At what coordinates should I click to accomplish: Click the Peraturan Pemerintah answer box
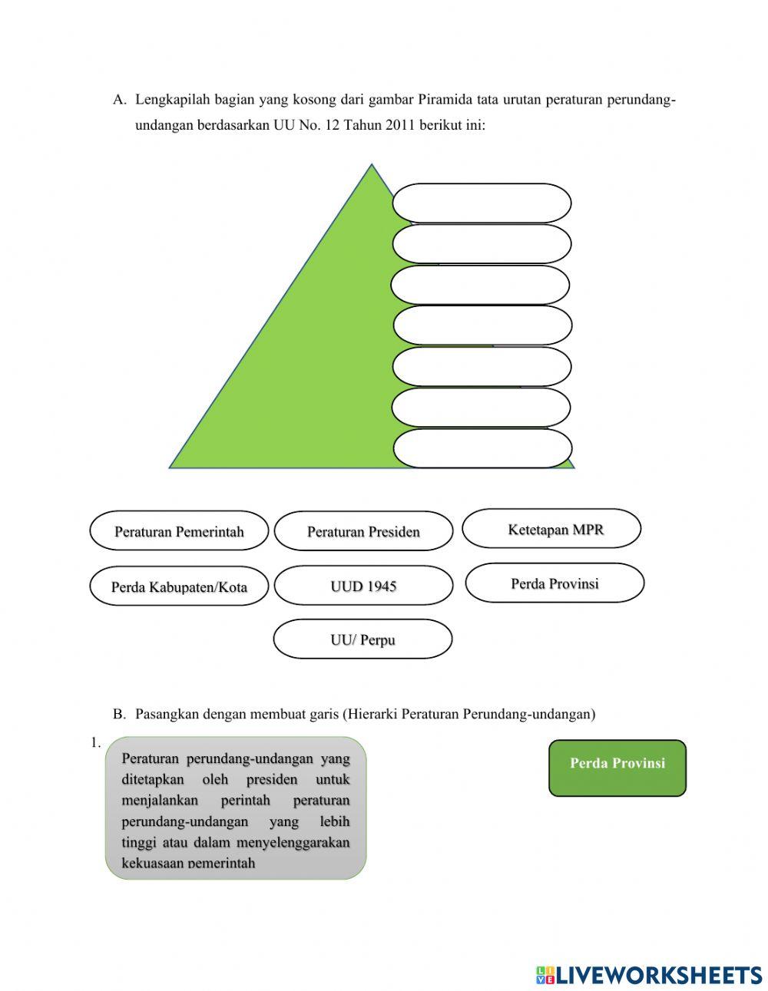point(179,531)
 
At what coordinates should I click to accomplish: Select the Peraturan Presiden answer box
point(363,531)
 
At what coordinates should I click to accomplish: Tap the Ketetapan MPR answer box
point(551,529)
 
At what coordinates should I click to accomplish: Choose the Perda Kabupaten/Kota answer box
point(179,586)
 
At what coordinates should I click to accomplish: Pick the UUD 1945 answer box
point(363,586)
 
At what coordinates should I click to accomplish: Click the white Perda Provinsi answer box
point(554,583)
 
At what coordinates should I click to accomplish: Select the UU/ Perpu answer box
point(362,639)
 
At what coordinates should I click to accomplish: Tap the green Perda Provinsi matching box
point(617,768)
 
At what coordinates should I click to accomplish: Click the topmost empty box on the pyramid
point(482,203)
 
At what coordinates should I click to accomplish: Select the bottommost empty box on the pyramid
point(482,448)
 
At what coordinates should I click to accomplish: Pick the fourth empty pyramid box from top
point(482,325)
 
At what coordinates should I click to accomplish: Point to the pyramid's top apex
point(372,166)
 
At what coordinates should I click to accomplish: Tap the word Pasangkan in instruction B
point(164,714)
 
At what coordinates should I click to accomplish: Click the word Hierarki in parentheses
point(372,714)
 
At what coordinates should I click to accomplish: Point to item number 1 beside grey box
point(95,742)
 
